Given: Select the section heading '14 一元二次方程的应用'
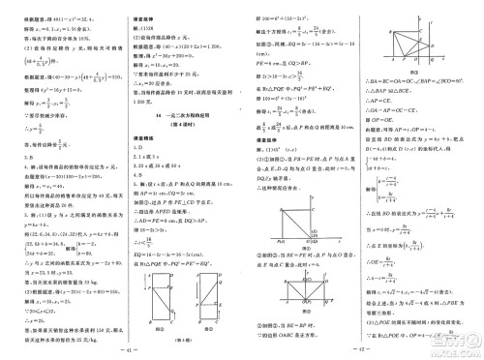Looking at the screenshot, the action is [x=178, y=113].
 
